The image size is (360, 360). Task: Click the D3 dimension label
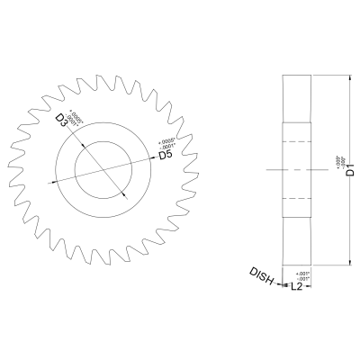click(x=62, y=121)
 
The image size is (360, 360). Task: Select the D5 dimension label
click(x=166, y=156)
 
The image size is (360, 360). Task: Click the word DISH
click(x=264, y=277)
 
